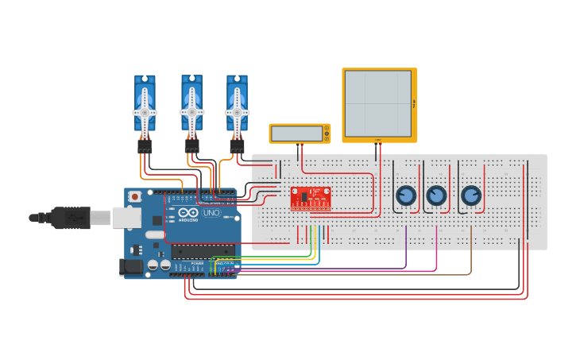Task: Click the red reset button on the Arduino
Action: [x=135, y=195]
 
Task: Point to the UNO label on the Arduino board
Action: [x=211, y=213]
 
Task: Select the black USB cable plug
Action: [x=72, y=216]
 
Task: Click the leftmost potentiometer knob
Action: [x=406, y=195]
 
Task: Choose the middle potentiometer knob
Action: [x=436, y=195]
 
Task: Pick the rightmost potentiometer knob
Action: [x=471, y=195]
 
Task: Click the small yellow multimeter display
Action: [x=299, y=134]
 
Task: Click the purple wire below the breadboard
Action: [x=406, y=246]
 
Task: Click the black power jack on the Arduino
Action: [x=131, y=268]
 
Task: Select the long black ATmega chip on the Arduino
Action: [x=203, y=251]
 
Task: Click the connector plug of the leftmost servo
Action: [x=145, y=146]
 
